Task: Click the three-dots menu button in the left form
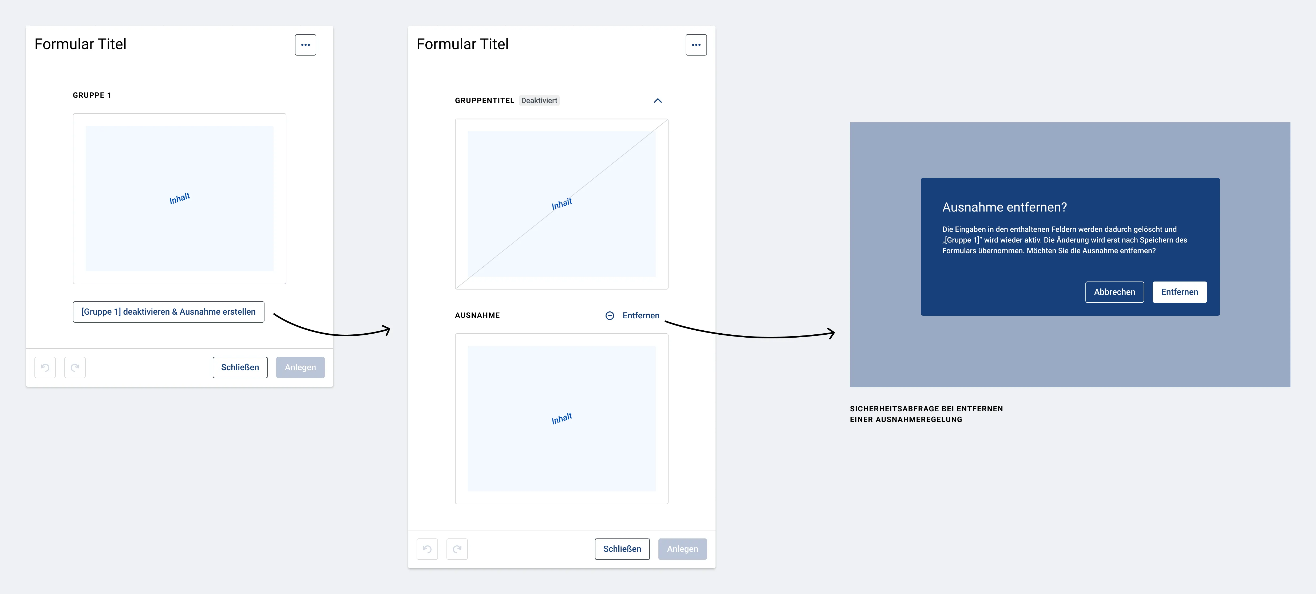pyautogui.click(x=306, y=45)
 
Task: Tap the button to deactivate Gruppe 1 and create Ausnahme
pyautogui.click(x=169, y=312)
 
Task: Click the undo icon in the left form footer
pyautogui.click(x=45, y=368)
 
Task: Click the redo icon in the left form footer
pyautogui.click(x=75, y=368)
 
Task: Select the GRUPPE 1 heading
pyautogui.click(x=92, y=95)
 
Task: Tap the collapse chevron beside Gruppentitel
pyautogui.click(x=658, y=101)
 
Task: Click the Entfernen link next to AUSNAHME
pyautogui.click(x=641, y=315)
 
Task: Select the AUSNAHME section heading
pyautogui.click(x=477, y=315)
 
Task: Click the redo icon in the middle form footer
pyautogui.click(x=457, y=549)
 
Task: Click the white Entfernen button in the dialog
pyautogui.click(x=1180, y=292)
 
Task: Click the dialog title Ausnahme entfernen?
pyautogui.click(x=1004, y=207)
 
